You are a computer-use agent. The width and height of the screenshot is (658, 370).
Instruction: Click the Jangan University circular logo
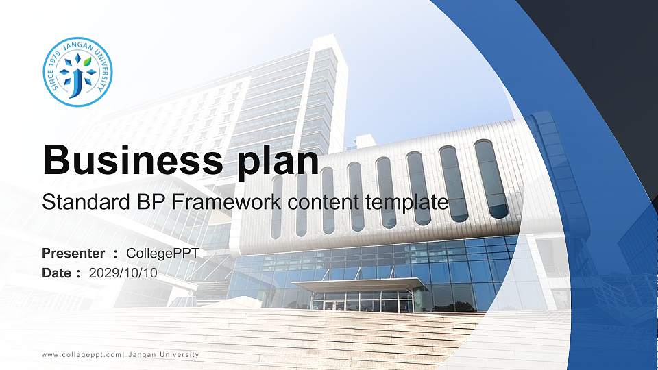[77, 72]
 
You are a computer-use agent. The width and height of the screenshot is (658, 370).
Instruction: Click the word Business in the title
[132, 160]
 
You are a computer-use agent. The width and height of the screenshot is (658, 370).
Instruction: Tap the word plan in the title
[278, 162]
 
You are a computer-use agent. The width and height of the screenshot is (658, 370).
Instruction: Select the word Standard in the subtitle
[86, 201]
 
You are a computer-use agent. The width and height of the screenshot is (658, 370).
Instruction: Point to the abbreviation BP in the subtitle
[151, 201]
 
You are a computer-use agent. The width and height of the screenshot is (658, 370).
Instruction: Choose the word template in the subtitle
[406, 203]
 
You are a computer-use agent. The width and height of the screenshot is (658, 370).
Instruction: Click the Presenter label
[73, 254]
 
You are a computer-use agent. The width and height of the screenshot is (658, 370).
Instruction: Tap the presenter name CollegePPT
[162, 254]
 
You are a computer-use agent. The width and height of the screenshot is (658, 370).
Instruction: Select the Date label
[56, 273]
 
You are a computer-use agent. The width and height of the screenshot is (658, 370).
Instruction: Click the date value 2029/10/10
[123, 273]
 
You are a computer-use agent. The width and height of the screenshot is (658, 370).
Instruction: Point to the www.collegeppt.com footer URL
[82, 355]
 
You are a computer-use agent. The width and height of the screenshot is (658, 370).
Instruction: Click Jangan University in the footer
[163, 354]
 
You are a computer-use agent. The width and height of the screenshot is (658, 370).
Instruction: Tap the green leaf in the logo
[87, 62]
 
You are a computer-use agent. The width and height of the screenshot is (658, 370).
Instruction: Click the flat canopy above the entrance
[360, 285]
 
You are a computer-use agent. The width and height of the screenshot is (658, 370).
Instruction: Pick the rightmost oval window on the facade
[491, 179]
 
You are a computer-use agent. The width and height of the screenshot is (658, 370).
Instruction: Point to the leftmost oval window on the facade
[277, 207]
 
